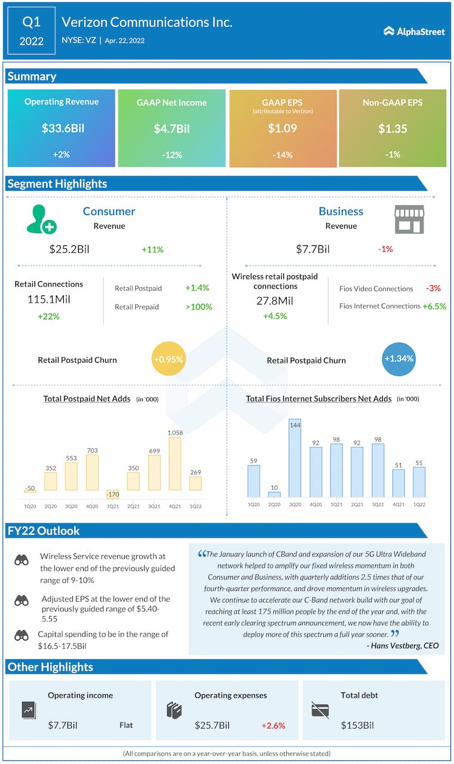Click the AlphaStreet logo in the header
pos(414,31)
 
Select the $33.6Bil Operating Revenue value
pos(61,128)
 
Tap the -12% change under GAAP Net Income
pos(171,155)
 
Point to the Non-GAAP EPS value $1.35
pos(392,128)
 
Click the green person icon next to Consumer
pos(41,219)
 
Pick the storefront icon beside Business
pos(409,219)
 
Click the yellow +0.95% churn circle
pos(168,359)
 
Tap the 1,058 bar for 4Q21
pos(175,464)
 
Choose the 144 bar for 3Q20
pos(295,458)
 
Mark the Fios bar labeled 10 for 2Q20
pos(274,494)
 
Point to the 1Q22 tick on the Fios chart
pos(419,504)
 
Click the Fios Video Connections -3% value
pos(433,288)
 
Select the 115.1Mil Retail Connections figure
pos(48,300)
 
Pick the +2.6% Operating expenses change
pos(273,726)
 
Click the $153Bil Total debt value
pos(357,726)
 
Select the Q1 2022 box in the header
pos(32,32)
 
